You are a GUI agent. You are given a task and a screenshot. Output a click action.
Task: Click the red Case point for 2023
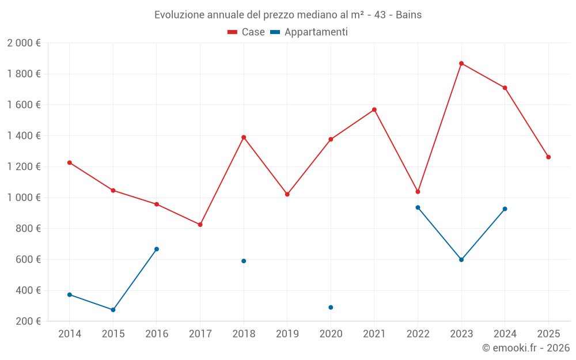pyautogui.click(x=461, y=63)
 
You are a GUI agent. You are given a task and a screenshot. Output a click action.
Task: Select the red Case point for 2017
pyautogui.click(x=200, y=225)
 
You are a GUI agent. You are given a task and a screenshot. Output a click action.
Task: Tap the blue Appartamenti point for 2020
pyautogui.click(x=331, y=308)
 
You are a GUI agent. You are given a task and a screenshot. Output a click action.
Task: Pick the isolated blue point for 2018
pyautogui.click(x=244, y=261)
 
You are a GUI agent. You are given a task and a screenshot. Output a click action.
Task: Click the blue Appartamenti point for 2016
pyautogui.click(x=157, y=249)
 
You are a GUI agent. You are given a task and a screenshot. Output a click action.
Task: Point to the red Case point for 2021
pyautogui.click(x=374, y=109)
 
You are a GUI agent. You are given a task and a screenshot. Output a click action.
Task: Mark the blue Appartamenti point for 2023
pyautogui.click(x=461, y=260)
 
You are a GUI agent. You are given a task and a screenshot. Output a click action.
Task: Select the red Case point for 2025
pyautogui.click(x=548, y=157)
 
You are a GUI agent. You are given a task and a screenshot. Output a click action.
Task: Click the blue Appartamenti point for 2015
pyautogui.click(x=113, y=310)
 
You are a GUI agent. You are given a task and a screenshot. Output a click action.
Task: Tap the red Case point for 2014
pyautogui.click(x=70, y=162)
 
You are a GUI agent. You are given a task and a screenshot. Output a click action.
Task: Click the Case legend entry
pyautogui.click(x=247, y=32)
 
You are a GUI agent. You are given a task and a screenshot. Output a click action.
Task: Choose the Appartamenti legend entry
pyautogui.click(x=309, y=32)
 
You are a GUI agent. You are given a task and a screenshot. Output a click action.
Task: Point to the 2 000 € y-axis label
pyautogui.click(x=24, y=43)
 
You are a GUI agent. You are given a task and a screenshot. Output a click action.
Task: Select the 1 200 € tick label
pyautogui.click(x=24, y=166)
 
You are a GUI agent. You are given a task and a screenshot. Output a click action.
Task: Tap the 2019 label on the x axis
pyautogui.click(x=287, y=334)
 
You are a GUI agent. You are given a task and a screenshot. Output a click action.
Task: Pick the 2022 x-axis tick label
pyautogui.click(x=418, y=334)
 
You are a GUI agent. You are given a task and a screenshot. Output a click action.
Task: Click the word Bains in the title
pyautogui.click(x=408, y=15)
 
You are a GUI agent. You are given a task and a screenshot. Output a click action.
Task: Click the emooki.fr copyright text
pyautogui.click(x=526, y=348)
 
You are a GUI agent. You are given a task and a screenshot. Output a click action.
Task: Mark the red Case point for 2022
pyautogui.click(x=418, y=192)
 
